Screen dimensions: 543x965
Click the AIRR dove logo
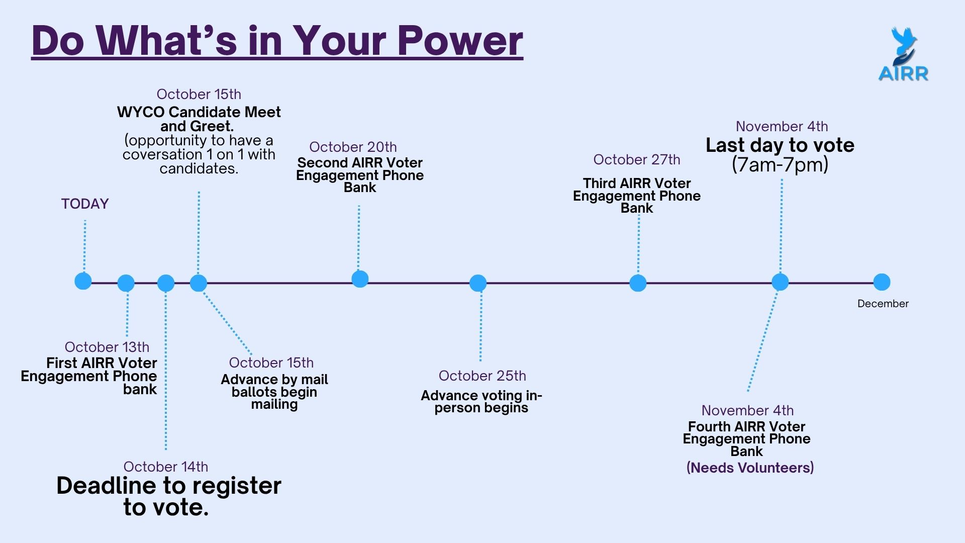[x=903, y=54]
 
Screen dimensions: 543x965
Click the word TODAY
[x=85, y=204]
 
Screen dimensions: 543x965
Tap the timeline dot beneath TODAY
[x=83, y=281]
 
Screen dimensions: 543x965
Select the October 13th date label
[x=107, y=347]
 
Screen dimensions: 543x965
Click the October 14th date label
[x=165, y=467]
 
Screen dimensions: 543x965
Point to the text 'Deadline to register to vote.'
[x=168, y=496]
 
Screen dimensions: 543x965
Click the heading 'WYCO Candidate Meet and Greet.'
[x=199, y=119]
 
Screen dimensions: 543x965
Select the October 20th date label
[x=353, y=147]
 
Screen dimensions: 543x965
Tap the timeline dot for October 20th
[x=360, y=279]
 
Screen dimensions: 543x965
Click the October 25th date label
[x=482, y=376]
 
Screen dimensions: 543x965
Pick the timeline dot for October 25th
[x=478, y=283]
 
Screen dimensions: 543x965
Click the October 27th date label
[x=636, y=159]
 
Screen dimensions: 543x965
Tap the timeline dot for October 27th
[x=638, y=283]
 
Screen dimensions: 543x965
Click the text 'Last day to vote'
[x=780, y=145]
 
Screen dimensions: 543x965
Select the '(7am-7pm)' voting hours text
[x=780, y=165]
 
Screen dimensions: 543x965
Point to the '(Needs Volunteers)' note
[x=750, y=468]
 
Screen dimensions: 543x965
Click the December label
[x=883, y=304]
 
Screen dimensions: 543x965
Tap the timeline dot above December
[x=882, y=282]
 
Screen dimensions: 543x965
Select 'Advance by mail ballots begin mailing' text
[x=274, y=392]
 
